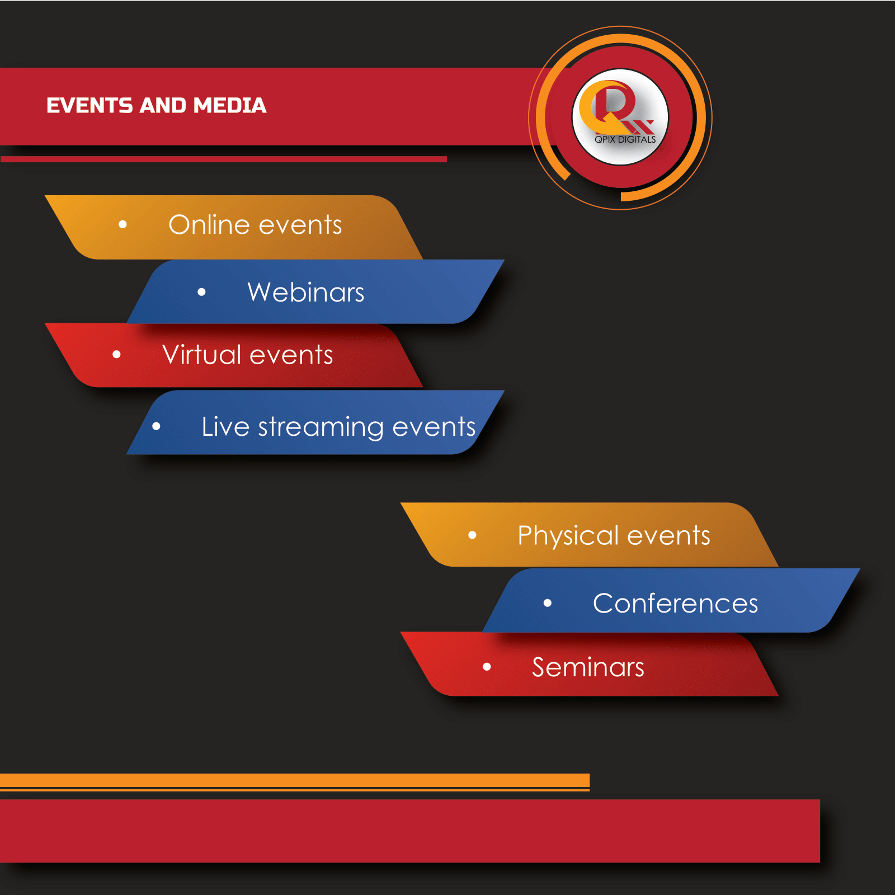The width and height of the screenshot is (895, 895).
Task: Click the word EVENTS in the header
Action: tap(90, 106)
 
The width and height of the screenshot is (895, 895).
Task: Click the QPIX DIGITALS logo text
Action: tap(625, 139)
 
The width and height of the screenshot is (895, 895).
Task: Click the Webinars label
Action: tap(306, 292)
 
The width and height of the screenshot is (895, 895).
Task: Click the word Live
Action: tap(225, 427)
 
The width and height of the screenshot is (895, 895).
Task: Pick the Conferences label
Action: tap(675, 604)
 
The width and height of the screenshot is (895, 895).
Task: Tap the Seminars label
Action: tap(588, 667)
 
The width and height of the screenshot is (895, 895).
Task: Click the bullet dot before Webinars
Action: tap(202, 291)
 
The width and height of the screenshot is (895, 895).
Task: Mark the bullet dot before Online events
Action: tap(123, 225)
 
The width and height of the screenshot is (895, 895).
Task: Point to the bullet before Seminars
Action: tap(487, 667)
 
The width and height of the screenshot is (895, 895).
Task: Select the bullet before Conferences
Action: tap(548, 603)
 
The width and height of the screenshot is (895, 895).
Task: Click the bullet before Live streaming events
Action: tap(156, 426)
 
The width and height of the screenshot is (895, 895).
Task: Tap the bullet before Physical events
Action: tap(472, 535)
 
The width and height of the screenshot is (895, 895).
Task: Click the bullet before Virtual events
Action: tap(116, 354)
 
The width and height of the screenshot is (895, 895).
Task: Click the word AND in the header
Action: tap(163, 106)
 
